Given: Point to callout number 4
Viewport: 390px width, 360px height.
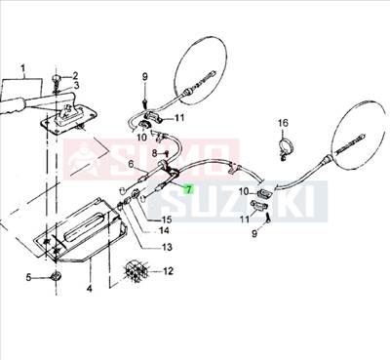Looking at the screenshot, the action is tap(90, 289).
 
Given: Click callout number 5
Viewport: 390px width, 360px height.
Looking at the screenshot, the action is tap(28, 280).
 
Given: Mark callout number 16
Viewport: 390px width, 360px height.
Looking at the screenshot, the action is tap(283, 123).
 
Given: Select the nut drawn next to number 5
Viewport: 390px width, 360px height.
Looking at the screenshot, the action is tap(55, 281).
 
